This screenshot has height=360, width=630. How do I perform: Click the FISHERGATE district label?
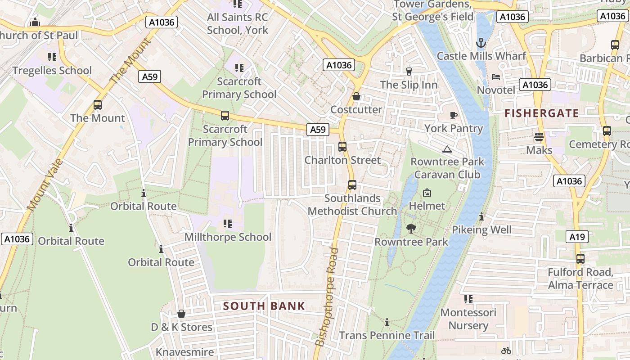(x=541, y=113)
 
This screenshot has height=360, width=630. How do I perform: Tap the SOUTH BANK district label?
(x=264, y=306)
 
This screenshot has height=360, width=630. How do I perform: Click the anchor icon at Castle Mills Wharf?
(x=481, y=43)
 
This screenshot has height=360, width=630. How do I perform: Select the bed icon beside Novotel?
(x=496, y=77)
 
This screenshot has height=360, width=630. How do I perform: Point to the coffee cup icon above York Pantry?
(x=454, y=115)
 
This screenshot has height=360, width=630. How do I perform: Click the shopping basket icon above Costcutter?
(x=356, y=96)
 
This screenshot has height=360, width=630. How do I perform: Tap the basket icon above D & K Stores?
(x=181, y=314)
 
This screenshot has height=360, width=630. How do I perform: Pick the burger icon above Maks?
(x=539, y=137)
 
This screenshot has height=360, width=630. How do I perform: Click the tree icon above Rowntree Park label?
(x=411, y=229)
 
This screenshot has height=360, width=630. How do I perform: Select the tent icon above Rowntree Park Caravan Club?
(x=447, y=149)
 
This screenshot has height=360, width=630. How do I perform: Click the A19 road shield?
(x=577, y=236)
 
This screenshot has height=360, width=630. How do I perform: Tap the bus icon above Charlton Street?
(x=342, y=147)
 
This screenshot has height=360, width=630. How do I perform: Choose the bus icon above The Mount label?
(x=98, y=105)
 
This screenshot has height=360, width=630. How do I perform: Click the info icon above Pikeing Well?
(x=481, y=217)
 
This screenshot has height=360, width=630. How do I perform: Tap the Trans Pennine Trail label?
(x=387, y=335)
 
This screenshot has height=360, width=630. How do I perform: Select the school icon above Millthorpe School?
(x=228, y=224)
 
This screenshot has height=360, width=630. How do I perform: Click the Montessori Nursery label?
(x=468, y=319)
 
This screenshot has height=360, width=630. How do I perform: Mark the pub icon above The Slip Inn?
(x=409, y=72)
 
